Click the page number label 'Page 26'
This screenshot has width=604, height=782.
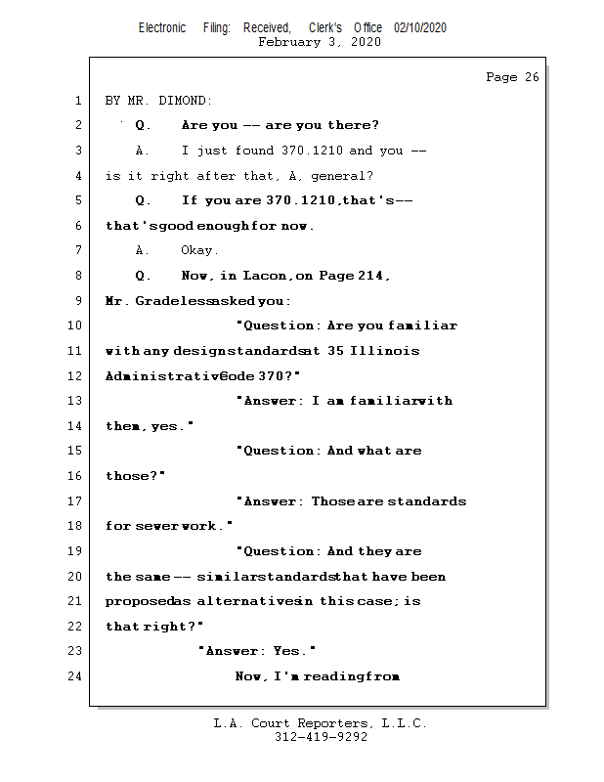click(512, 77)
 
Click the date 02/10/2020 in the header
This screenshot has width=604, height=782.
click(420, 28)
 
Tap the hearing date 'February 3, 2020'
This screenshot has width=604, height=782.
click(320, 42)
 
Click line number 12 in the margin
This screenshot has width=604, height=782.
click(76, 376)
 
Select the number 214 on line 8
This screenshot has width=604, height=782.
click(370, 276)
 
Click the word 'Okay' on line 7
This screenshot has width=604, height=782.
click(199, 250)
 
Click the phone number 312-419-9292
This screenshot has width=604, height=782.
click(321, 738)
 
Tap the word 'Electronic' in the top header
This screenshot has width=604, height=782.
click(162, 28)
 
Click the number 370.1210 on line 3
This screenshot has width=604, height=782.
click(306, 151)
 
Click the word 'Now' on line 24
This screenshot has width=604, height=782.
click(251, 676)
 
